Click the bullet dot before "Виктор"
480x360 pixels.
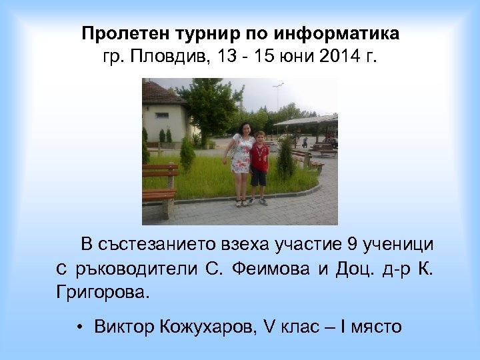79,327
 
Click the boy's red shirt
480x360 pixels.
259,157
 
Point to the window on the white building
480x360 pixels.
162,114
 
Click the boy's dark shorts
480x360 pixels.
258,177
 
